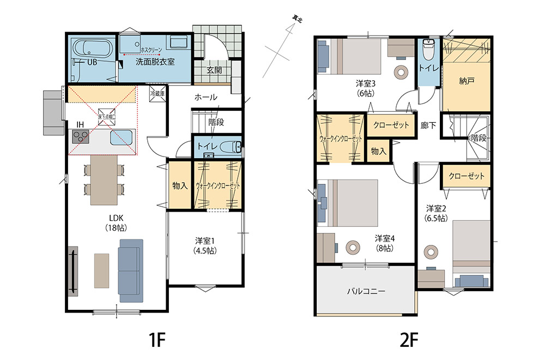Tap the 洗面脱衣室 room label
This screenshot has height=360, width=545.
click(x=155, y=62)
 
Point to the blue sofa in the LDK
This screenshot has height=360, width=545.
click(x=130, y=270)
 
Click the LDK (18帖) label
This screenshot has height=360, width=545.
click(x=116, y=224)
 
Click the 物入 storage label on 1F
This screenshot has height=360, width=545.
click(x=180, y=185)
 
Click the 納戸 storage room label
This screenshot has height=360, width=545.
click(x=467, y=81)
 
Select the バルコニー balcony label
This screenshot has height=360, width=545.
click(x=366, y=291)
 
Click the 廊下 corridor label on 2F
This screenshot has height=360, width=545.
click(x=428, y=125)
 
